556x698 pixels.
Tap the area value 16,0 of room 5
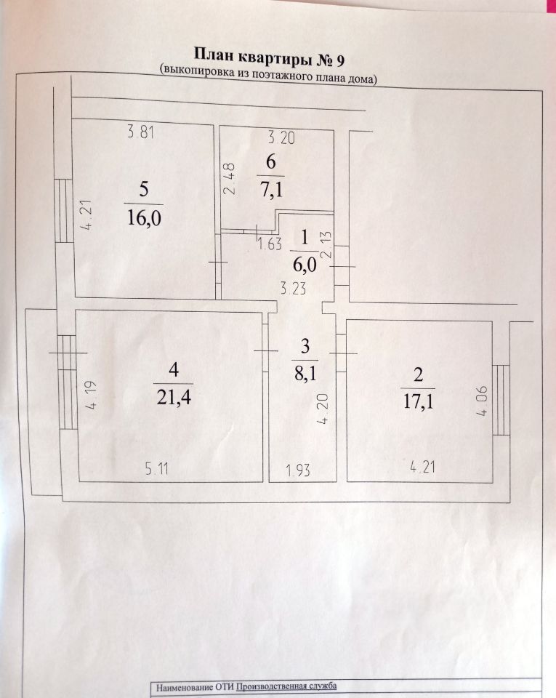coord(144,218)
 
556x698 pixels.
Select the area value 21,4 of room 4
coord(174,397)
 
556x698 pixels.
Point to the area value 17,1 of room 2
coord(418,401)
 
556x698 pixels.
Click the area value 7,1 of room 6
coord(270,190)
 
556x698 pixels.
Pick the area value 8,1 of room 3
coord(305,372)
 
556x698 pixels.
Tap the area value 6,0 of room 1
coord(305,265)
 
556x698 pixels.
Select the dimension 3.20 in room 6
coord(281,138)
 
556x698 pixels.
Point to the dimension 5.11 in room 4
coord(157,469)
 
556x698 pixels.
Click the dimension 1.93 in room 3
coord(298,470)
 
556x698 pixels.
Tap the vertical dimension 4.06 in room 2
coord(483,401)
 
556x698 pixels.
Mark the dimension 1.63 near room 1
coord(270,244)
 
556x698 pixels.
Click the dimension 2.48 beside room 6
coord(229,179)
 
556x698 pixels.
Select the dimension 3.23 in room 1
coord(293,289)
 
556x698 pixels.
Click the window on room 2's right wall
coord(500,400)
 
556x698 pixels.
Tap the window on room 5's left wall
coord(63,211)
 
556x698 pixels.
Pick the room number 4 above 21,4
coord(174,369)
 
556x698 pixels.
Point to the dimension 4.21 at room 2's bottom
coord(422,468)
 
